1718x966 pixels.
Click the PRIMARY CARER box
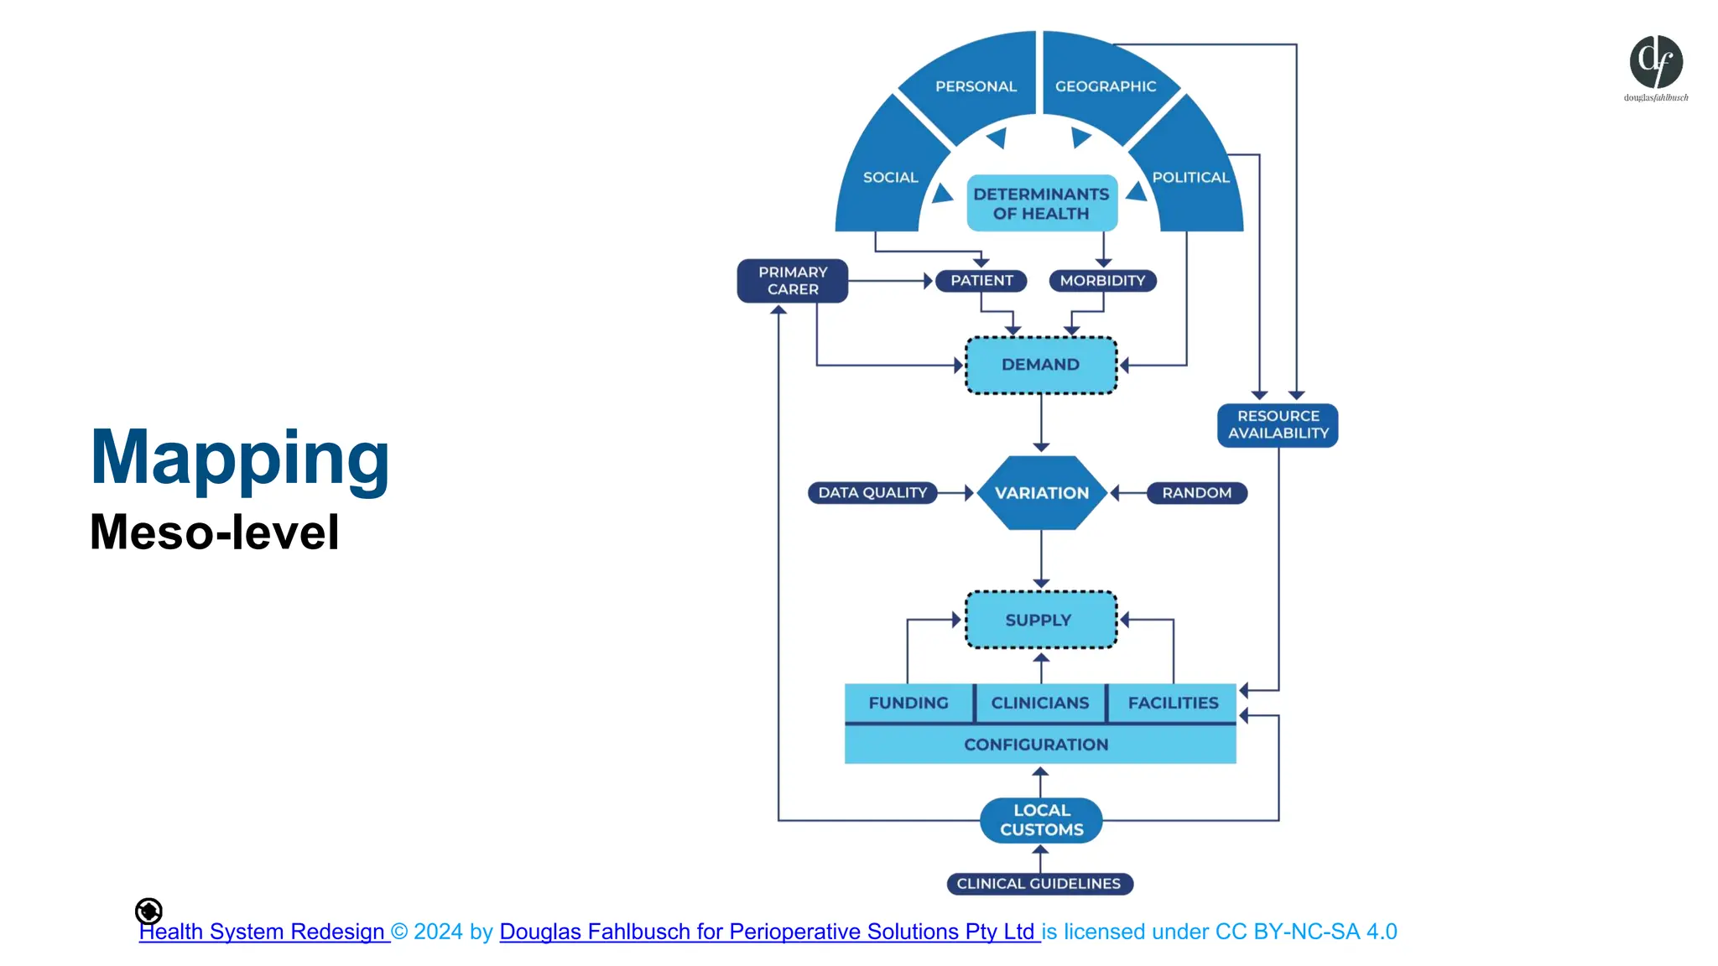[x=792, y=281]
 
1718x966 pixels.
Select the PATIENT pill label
[x=981, y=281]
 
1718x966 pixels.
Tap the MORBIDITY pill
[x=1102, y=281]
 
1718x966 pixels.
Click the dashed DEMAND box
[x=1041, y=365]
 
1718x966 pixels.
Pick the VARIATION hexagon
[x=1041, y=493]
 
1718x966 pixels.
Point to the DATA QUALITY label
[x=872, y=493]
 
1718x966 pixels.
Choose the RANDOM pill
[x=1196, y=493]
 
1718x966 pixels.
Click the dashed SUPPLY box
[x=1040, y=621]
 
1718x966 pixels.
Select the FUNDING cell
[x=908, y=703]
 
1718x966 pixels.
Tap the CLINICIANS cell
[x=1040, y=703]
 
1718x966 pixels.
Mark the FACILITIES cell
[x=1173, y=703]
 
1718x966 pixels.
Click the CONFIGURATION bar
[x=1037, y=745]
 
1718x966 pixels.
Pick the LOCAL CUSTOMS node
[x=1041, y=820]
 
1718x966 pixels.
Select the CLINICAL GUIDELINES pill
[x=1039, y=884]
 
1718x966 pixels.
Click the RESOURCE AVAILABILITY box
[x=1278, y=425]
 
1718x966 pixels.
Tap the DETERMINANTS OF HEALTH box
[x=1042, y=204]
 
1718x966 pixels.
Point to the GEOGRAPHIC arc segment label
[x=1105, y=86]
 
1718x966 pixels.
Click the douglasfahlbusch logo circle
[x=1656, y=63]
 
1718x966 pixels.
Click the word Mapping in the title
[x=240, y=459]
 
